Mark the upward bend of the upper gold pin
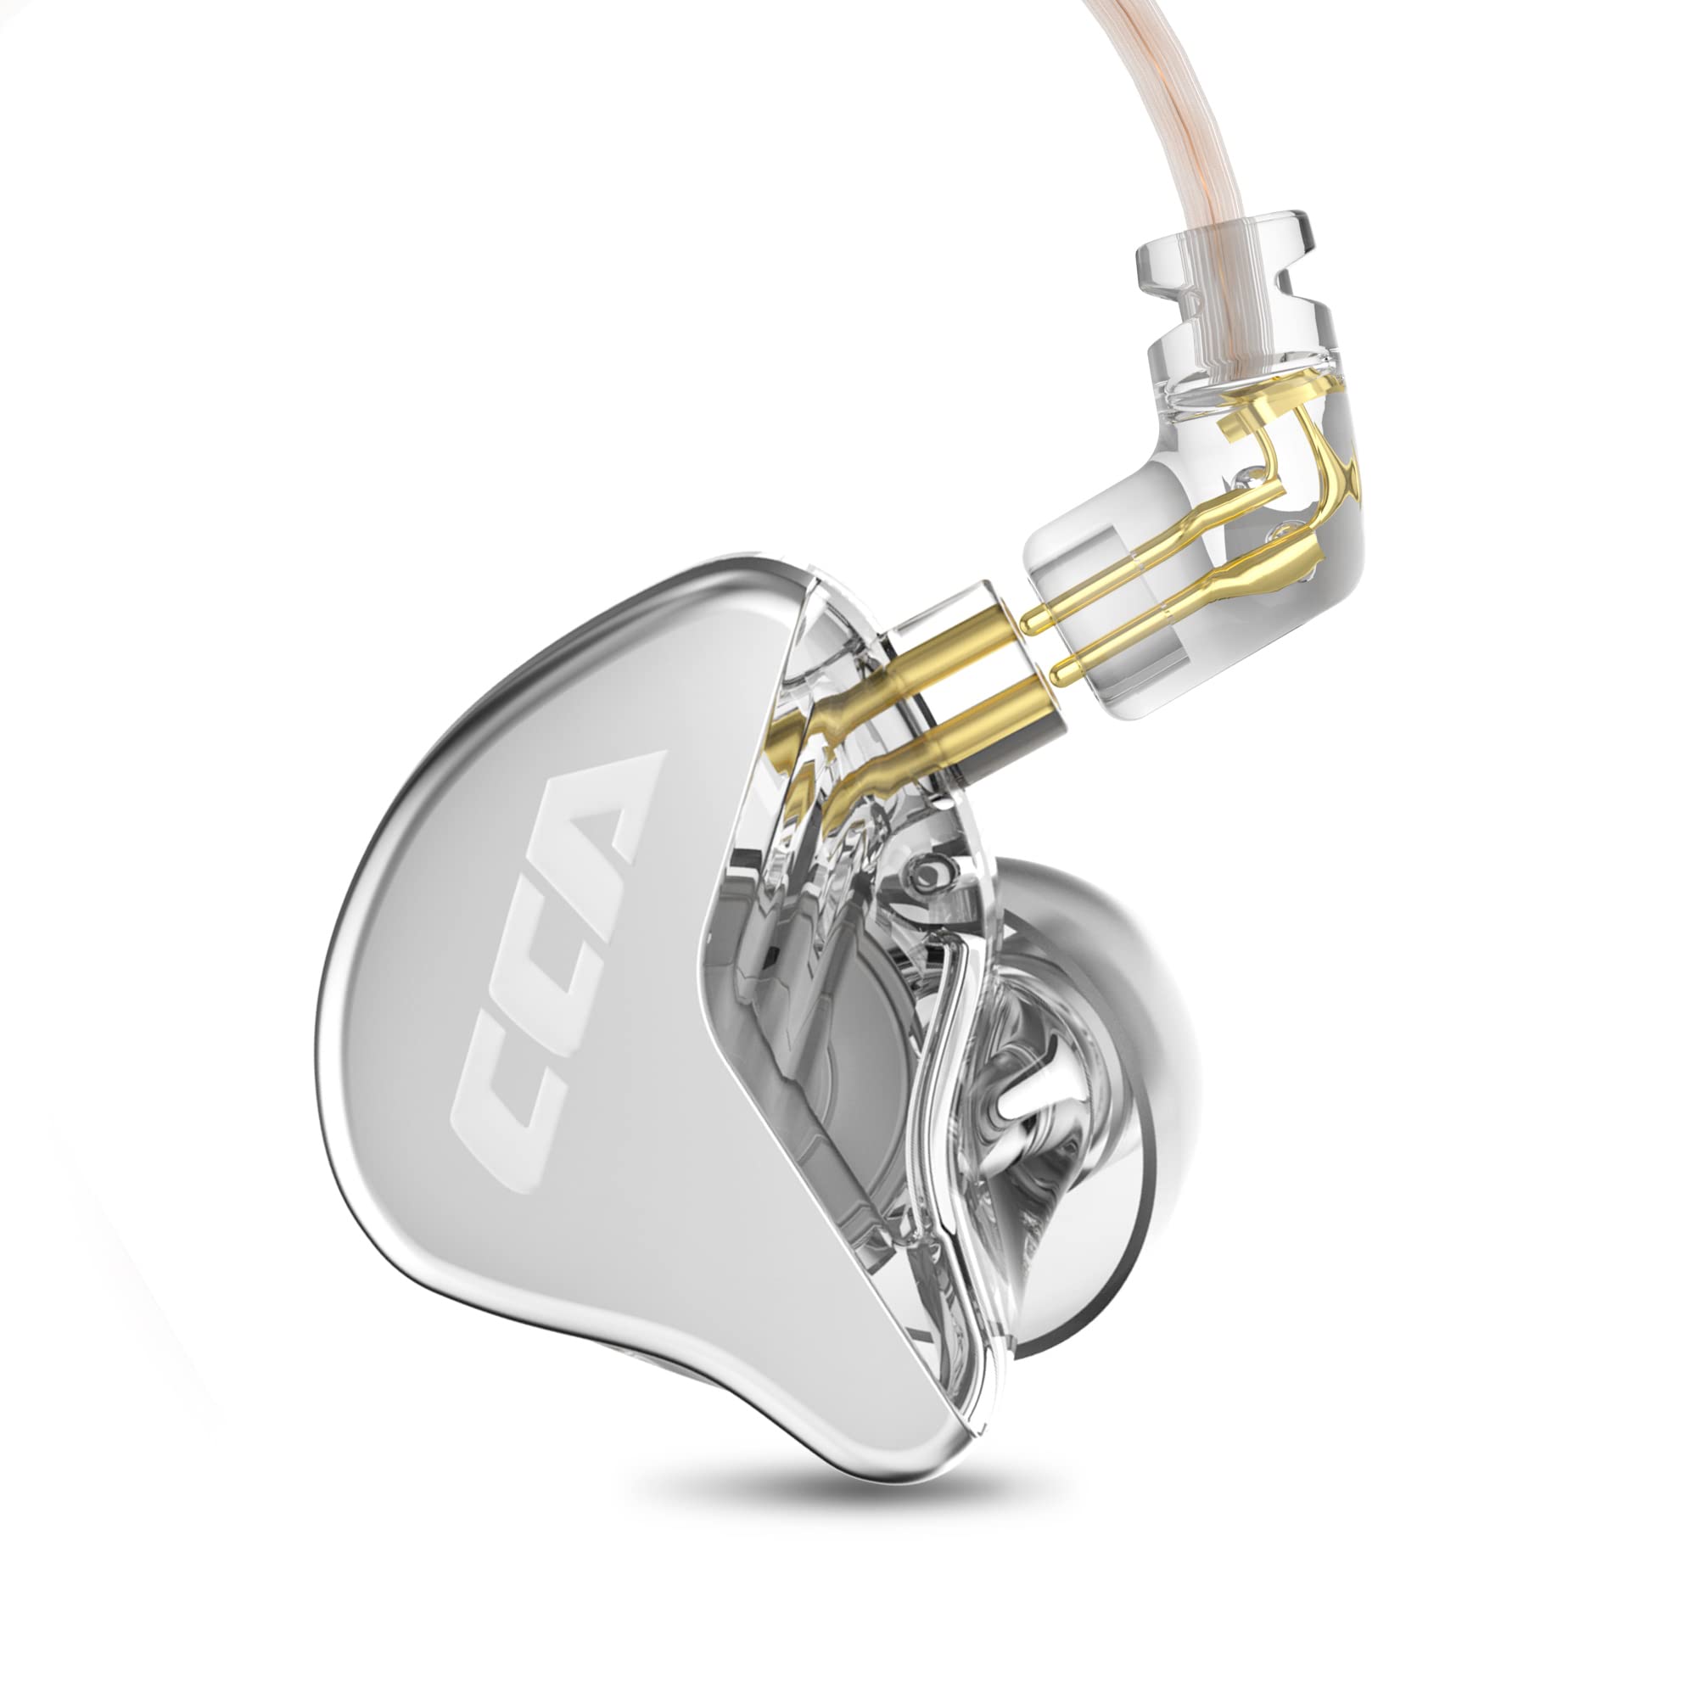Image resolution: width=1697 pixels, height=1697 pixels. (1265, 456)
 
